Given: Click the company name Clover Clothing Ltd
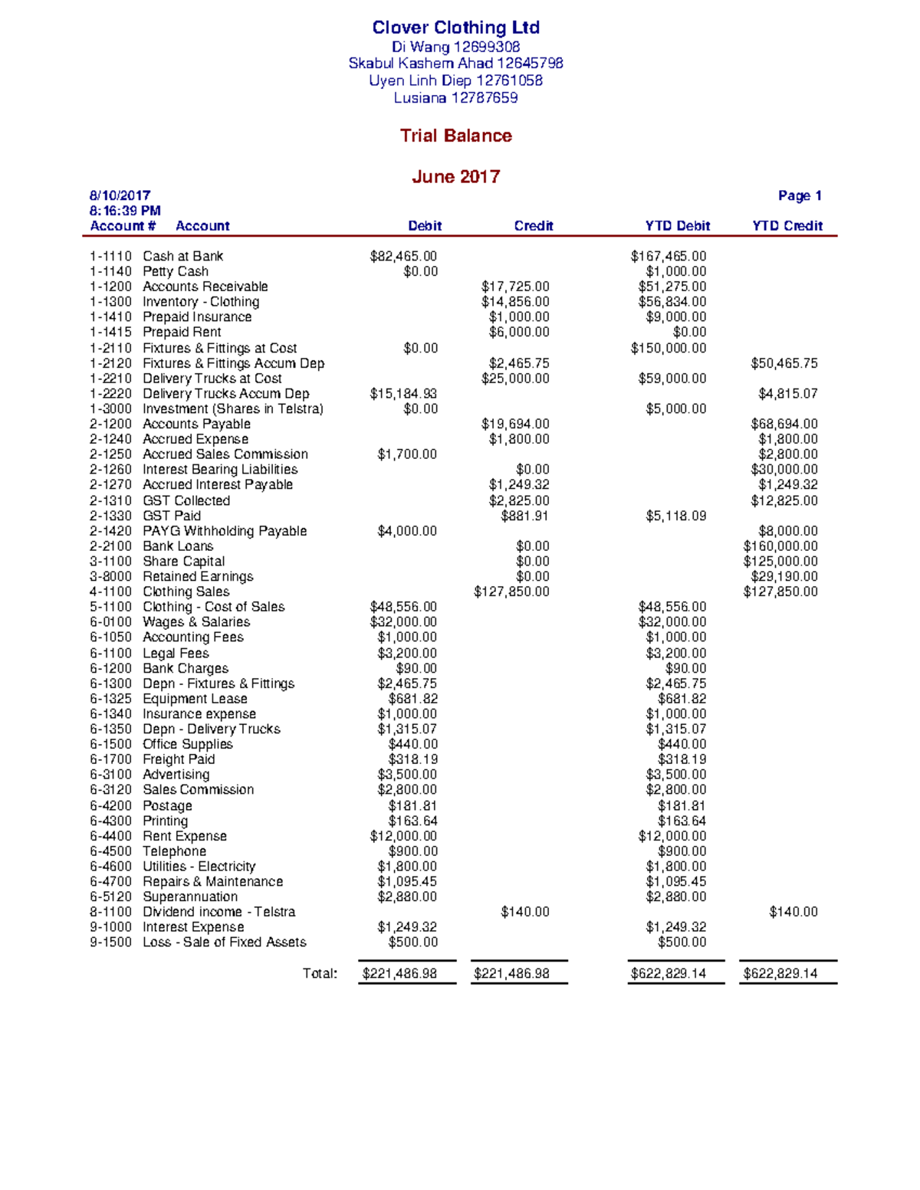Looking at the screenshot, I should point(455,28).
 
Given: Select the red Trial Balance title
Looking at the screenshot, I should point(455,136).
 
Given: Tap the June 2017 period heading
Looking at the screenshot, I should point(455,176).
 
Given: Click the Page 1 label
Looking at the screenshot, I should point(799,195).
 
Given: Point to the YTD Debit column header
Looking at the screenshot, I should point(677,225).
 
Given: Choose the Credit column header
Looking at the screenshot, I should point(533,225).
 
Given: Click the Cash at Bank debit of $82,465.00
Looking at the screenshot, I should point(403,256).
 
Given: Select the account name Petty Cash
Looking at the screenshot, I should point(176,271).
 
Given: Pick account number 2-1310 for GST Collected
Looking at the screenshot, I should point(110,500).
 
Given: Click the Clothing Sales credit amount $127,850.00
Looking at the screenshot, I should point(511,592).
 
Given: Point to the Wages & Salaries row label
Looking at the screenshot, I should point(196,621).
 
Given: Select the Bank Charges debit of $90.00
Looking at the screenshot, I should point(416,668).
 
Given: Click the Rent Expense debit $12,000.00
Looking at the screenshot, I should point(403,836).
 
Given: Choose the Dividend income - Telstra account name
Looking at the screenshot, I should point(219,912).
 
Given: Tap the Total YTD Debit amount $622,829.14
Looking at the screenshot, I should point(668,973).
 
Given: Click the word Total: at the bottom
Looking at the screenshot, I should point(320,973).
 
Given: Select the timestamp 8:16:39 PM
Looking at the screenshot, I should point(125,210).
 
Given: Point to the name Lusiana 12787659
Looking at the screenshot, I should point(455,97).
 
